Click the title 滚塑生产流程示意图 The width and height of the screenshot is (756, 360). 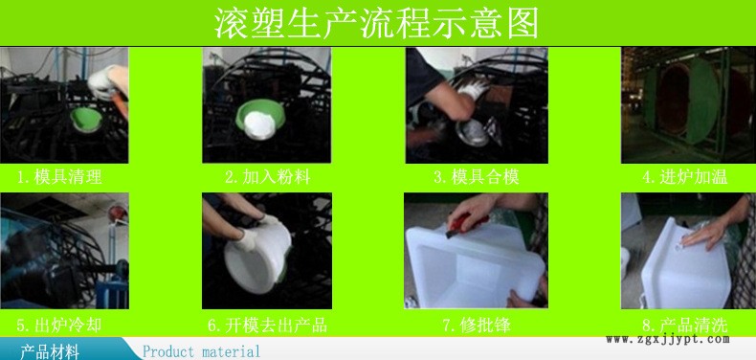pos(378,20)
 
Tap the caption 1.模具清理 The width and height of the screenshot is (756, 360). pos(59,176)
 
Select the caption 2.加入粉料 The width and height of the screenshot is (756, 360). pos(267,176)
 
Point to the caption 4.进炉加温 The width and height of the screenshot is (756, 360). pos(682,176)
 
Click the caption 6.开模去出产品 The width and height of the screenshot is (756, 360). pos(267,325)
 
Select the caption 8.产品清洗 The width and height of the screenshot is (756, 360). pos(682,325)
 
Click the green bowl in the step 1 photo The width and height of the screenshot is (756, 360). pos(85,118)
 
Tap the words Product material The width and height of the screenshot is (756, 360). pos(201,351)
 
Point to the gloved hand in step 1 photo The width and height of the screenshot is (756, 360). pos(106,80)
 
